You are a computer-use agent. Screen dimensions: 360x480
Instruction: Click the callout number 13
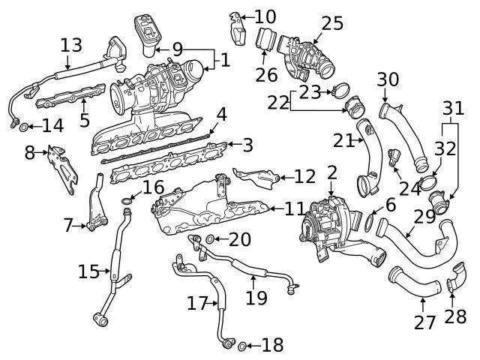tap(70, 46)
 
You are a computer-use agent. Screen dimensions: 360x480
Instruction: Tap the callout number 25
tap(331, 23)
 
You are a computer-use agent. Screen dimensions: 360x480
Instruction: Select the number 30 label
tap(388, 79)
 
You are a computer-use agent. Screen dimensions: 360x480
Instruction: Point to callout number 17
tap(196, 304)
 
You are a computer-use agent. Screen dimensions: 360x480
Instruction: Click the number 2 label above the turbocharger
tap(331, 173)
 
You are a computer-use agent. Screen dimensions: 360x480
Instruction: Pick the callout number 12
tap(304, 177)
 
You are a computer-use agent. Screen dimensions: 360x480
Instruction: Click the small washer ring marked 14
tap(25, 126)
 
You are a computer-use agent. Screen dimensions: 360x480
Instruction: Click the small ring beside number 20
tap(211, 239)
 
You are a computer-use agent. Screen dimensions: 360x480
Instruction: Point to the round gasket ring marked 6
tap(370, 221)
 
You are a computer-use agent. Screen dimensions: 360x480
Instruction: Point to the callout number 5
tap(84, 120)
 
